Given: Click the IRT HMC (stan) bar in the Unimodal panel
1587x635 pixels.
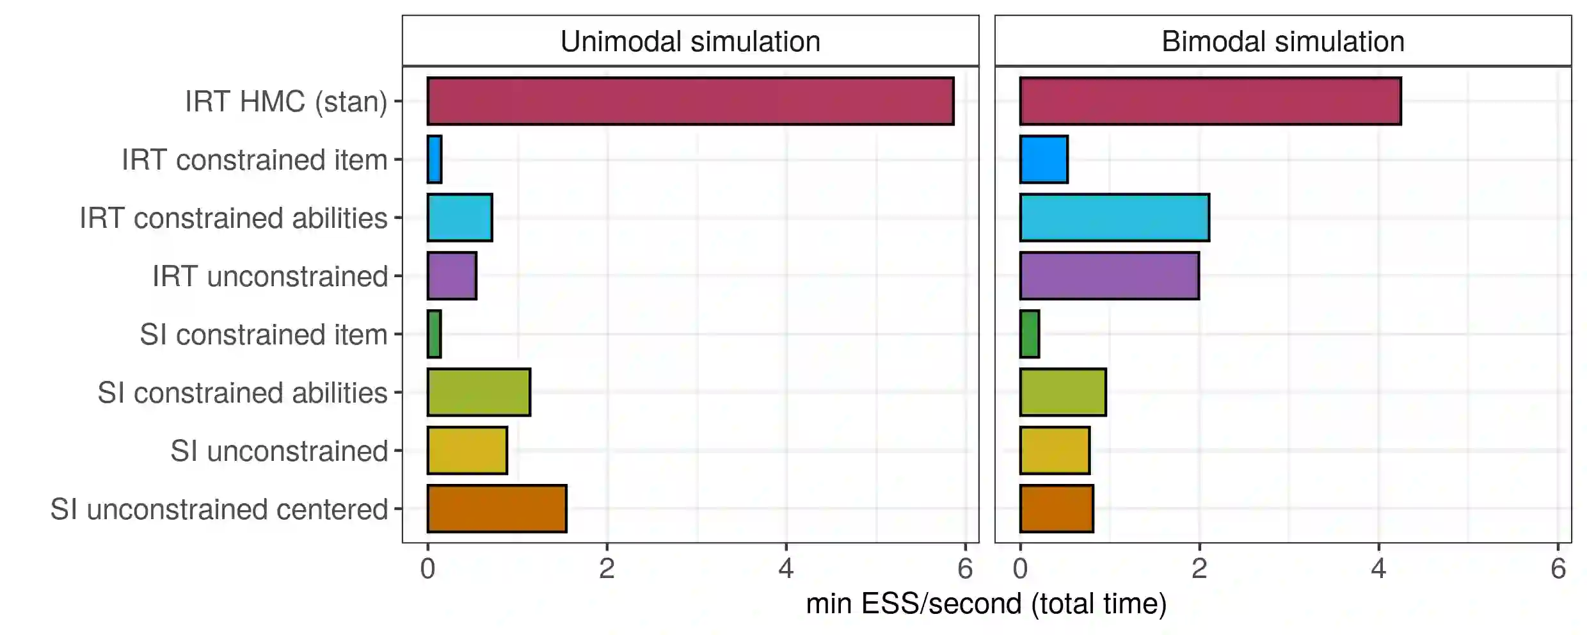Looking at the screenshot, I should (690, 101).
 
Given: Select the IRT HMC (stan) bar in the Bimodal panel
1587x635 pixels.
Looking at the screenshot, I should (1210, 101).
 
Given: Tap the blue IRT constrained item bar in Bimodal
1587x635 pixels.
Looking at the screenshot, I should (1044, 159).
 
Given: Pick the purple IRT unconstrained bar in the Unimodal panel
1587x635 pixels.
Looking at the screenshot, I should (452, 276).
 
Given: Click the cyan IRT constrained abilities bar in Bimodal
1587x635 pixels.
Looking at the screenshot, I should (1114, 218).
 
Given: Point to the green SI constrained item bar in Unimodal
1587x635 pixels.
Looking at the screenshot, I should (435, 334).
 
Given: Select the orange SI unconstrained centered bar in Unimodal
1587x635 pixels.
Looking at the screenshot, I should (497, 509).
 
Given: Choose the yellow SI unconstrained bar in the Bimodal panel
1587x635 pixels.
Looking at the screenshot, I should (1055, 451).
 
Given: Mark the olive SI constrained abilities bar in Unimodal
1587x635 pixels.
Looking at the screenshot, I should (479, 392).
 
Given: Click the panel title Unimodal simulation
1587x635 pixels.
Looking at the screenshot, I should (690, 42).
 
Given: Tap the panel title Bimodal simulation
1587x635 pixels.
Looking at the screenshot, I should (1283, 42).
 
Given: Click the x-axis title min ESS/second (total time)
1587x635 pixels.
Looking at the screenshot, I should (986, 604).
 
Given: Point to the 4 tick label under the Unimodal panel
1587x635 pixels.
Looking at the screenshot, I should (786, 569).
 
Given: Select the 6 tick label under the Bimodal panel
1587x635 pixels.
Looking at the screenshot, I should (1558, 569).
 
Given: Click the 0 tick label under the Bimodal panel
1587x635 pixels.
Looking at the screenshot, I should (1020, 569).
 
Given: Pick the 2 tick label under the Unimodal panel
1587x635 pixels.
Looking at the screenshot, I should (607, 569).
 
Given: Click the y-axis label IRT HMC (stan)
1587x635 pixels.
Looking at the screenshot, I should (286, 102).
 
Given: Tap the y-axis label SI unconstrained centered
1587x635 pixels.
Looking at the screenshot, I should (219, 510).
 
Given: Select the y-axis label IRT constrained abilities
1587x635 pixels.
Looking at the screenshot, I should (234, 218).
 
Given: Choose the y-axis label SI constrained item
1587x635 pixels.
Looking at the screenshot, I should (264, 335).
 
